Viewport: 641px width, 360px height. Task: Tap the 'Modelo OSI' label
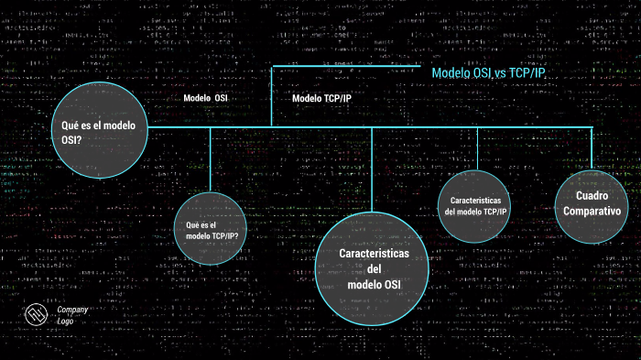[205, 97]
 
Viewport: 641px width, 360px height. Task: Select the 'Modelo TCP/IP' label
[321, 99]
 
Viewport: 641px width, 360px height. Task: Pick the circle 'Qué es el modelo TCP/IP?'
[211, 230]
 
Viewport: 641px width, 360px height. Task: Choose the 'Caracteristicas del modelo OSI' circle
[373, 268]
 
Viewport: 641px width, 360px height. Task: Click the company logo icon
[36, 315]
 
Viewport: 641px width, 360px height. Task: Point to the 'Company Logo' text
[72, 315]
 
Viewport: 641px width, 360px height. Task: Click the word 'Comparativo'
[592, 212]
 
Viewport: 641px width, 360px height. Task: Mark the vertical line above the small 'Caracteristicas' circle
[476, 147]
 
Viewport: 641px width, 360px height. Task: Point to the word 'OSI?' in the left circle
[71, 139]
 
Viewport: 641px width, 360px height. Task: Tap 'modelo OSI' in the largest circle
[374, 285]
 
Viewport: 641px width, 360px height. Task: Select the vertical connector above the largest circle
[372, 169]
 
